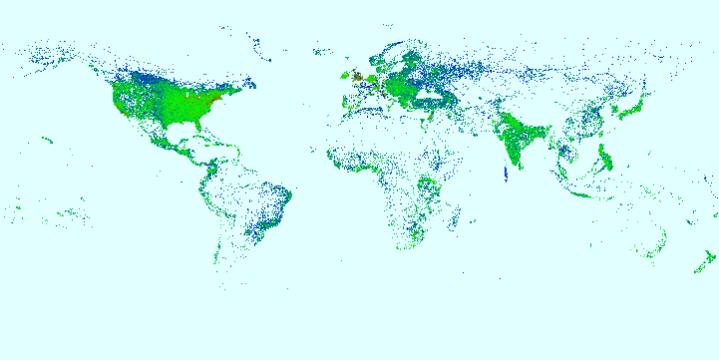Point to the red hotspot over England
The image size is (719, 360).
coord(357,76)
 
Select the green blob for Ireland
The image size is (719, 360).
coord(345,76)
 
